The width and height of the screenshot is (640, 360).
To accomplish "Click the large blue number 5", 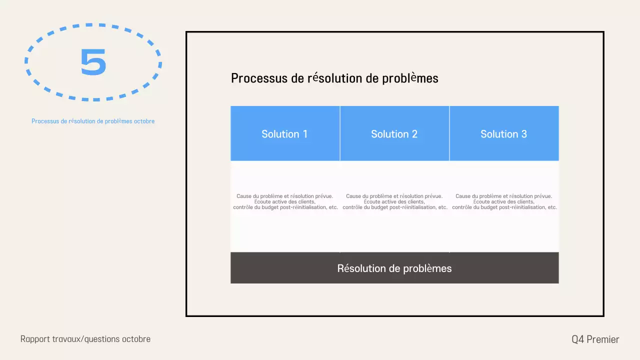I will point(93,62).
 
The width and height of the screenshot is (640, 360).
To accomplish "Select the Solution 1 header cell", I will point(284,133).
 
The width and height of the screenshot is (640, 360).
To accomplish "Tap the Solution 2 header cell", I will point(394,133).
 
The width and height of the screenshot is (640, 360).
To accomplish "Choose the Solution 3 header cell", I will point(503,133).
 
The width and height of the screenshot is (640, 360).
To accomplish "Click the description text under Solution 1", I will point(285,202).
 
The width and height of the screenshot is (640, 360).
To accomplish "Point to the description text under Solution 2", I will point(394,202).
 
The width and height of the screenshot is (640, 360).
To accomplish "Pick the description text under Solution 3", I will point(504,202).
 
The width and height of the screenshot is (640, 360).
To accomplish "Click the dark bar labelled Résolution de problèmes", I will point(394,268).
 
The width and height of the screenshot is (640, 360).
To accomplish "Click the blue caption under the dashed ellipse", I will point(93,121).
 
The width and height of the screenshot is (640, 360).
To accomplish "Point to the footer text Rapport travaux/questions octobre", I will point(85,339).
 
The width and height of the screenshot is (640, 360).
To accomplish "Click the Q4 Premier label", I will point(595,339).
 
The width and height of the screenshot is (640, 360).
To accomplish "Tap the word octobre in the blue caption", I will point(144,121).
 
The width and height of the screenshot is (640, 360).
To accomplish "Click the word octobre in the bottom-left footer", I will point(136,339).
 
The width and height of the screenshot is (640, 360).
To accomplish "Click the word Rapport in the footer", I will point(35,339).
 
